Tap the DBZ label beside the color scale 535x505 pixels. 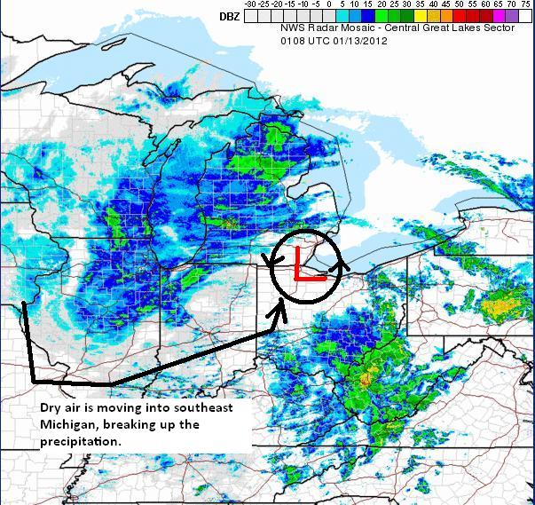tap(229, 16)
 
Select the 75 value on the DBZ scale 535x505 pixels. tap(526, 4)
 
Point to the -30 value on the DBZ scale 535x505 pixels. tap(250, 4)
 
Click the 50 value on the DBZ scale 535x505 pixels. tap(460, 4)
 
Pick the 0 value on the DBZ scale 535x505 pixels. tap(329, 4)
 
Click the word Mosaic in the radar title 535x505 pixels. tap(350, 28)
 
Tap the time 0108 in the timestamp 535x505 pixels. tap(291, 41)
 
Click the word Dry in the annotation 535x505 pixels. tap(51, 407)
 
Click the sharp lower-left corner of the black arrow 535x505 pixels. tap(35, 381)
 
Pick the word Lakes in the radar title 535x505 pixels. tap(456, 28)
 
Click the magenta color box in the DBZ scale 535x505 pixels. tap(500, 16)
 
